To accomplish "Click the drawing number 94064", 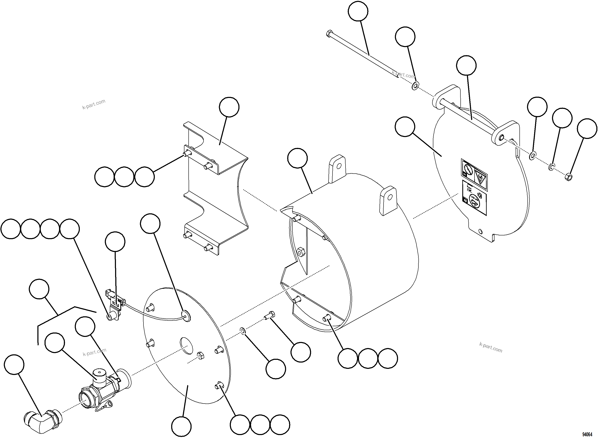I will [587, 434].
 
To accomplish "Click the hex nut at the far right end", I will [569, 177].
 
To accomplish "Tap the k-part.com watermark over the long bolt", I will [403, 74].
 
